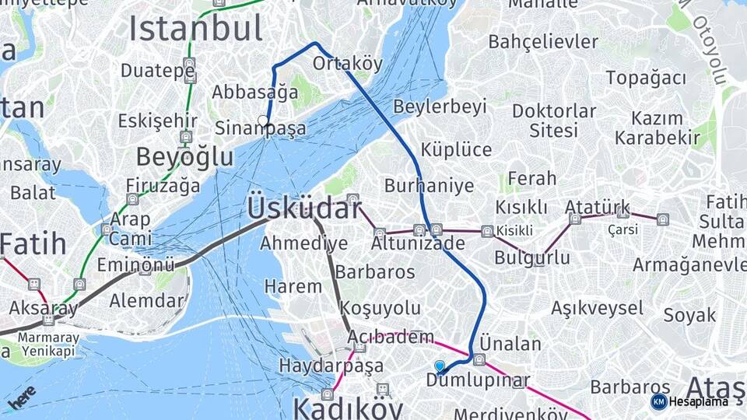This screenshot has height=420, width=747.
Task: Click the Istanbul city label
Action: point(195,29)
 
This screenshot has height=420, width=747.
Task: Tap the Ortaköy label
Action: point(348,63)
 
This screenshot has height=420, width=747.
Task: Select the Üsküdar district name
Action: point(304,208)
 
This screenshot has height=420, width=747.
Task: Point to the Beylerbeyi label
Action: point(440,107)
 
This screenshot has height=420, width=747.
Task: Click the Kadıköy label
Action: point(347,408)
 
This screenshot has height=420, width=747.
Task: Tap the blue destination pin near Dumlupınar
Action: point(440,366)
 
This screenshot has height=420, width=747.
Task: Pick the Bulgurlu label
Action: point(532,257)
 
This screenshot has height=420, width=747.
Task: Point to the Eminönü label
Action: point(135,264)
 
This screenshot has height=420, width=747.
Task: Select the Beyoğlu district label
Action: point(184,157)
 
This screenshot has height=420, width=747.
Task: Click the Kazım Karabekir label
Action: point(658,128)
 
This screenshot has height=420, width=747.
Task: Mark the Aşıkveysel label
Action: point(598,308)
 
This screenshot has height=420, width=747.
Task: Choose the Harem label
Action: point(293,286)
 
